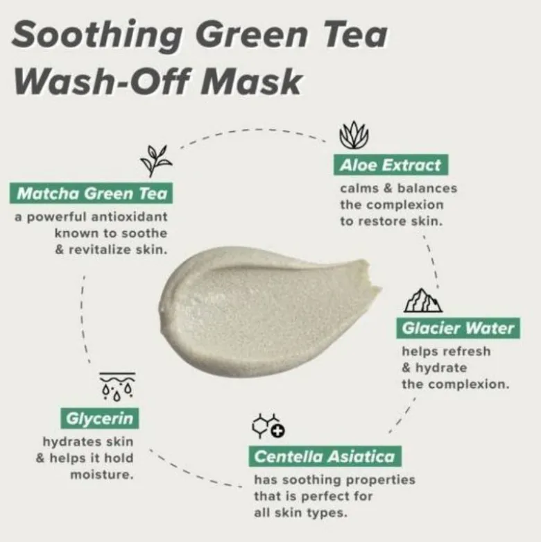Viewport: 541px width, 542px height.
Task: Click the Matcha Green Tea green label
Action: click(x=91, y=193)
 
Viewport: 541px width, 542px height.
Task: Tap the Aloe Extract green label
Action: click(x=390, y=165)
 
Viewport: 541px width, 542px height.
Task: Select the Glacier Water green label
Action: click(x=458, y=328)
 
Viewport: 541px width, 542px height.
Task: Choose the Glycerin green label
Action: click(x=99, y=418)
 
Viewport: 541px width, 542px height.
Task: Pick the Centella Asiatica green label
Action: click(x=325, y=456)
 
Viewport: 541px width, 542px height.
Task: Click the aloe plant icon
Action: click(x=354, y=135)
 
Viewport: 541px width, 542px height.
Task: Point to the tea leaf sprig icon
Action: click(x=156, y=161)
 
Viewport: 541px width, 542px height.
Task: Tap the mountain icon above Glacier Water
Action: click(x=423, y=300)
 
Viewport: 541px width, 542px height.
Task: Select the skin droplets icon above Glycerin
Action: click(x=117, y=387)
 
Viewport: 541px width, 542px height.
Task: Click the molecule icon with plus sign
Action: click(x=268, y=426)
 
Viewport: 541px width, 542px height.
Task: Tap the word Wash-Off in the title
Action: click(x=102, y=82)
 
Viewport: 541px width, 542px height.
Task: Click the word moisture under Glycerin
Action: click(x=102, y=475)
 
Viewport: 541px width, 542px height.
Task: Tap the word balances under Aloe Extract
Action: click(x=427, y=188)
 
